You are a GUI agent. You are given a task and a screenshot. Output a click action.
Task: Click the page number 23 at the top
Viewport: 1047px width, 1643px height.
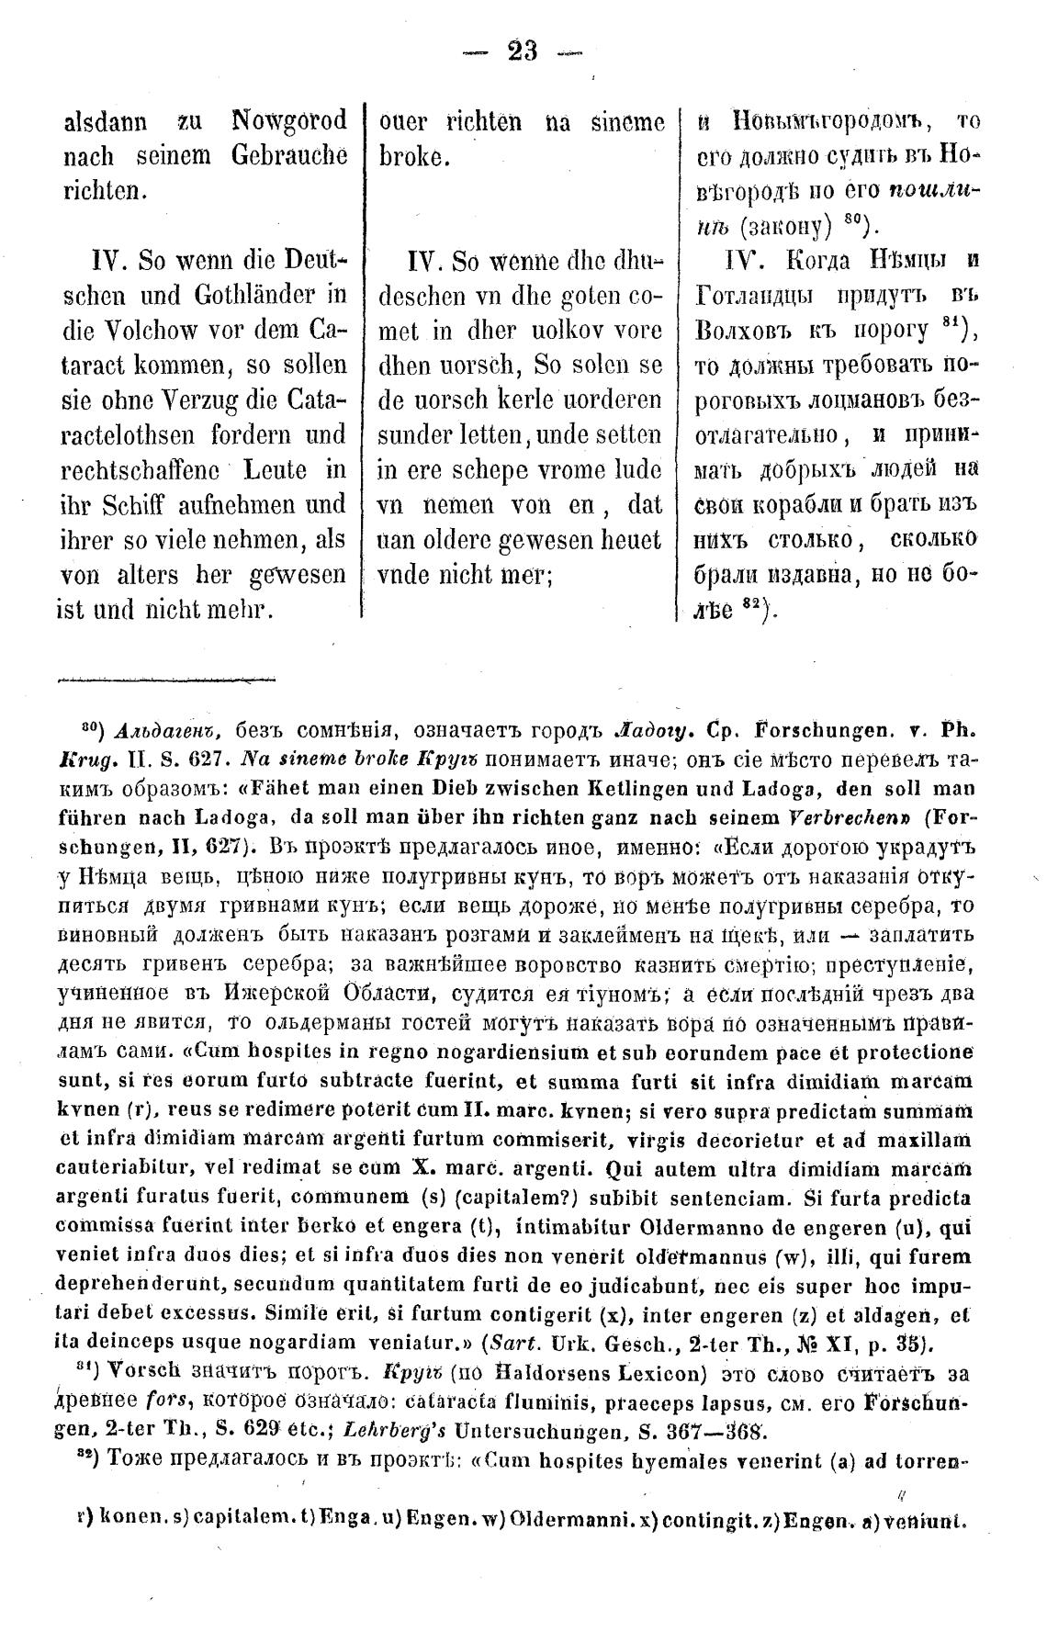coord(523,51)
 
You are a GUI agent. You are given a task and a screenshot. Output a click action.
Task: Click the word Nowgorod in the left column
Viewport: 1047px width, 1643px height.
coord(289,121)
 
